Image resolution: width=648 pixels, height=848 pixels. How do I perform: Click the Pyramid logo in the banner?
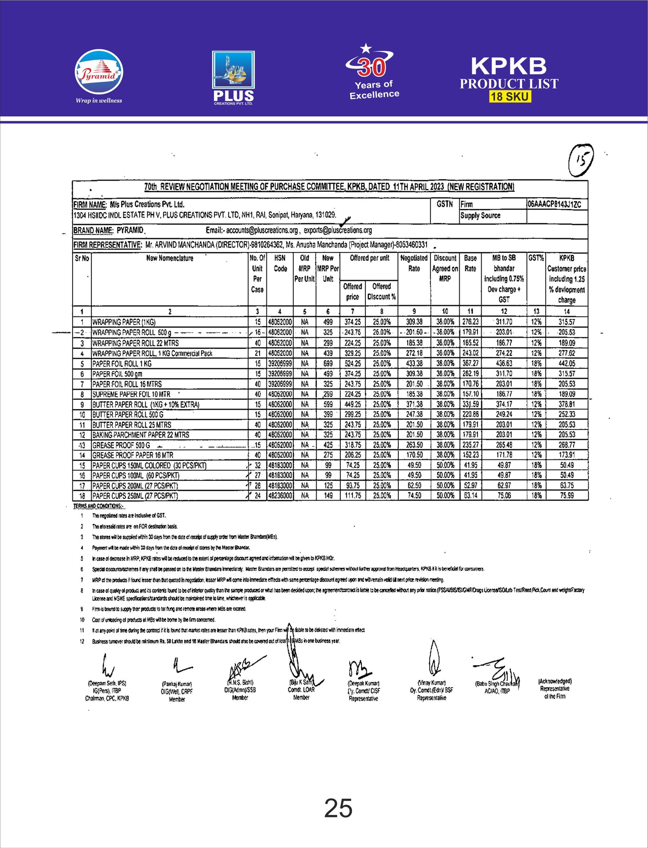tap(99, 73)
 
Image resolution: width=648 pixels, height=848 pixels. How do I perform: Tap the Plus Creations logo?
tap(233, 77)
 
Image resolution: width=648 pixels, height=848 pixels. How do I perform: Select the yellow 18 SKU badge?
tap(510, 96)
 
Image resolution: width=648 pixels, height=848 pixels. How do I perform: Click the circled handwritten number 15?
tap(581, 160)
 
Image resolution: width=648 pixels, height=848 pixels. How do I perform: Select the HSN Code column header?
tap(280, 263)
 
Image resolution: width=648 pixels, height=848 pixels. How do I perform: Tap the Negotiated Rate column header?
tap(414, 263)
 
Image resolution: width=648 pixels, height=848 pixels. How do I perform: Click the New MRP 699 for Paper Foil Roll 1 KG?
tap(328, 363)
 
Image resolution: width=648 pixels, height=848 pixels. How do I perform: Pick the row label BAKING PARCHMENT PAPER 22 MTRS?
tap(141, 435)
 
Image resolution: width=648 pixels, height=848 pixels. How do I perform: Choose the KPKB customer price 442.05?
tap(567, 363)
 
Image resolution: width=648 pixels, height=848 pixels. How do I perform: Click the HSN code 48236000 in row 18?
tap(280, 496)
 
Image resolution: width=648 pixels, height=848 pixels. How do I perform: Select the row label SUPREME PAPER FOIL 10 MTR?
tap(131, 394)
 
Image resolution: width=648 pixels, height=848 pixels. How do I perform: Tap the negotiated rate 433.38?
tap(414, 363)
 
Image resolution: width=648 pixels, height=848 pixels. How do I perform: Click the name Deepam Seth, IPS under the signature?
tap(107, 684)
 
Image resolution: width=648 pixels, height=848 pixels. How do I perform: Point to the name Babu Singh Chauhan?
tap(497, 684)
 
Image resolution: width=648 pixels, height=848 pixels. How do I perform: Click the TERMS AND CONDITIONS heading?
tap(99, 506)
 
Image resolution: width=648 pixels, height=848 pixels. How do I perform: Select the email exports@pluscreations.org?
tap(338, 230)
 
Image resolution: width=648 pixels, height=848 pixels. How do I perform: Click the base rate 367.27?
tap(470, 363)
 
